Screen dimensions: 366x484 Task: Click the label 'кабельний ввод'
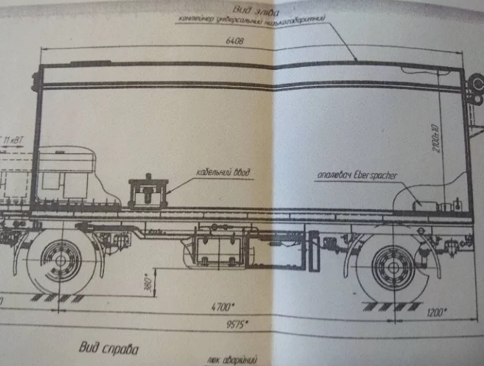click(x=223, y=173)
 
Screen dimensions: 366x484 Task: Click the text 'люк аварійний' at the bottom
click(x=233, y=360)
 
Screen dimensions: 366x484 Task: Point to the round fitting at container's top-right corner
click(x=476, y=80)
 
